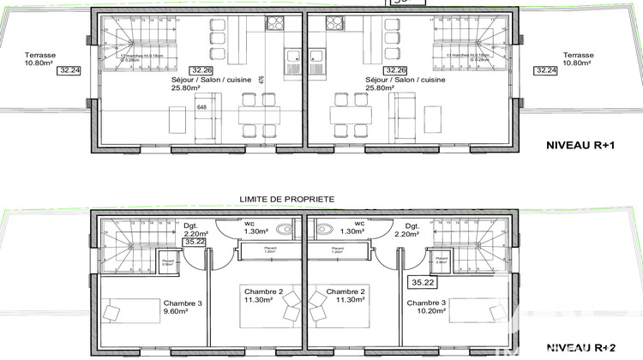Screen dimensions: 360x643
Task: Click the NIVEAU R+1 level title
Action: tap(581, 147)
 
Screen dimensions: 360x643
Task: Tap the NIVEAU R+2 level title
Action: tap(581, 347)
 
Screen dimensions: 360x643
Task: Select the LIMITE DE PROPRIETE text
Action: tap(286, 199)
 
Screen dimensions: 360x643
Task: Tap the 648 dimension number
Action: tap(202, 107)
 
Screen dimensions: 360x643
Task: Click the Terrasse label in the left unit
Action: tap(39, 58)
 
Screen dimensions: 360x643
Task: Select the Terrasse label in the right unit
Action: tap(579, 58)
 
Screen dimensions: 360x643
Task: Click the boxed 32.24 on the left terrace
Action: tap(69, 71)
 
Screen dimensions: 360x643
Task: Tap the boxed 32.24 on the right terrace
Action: tap(545, 71)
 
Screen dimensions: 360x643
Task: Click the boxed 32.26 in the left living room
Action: tap(201, 71)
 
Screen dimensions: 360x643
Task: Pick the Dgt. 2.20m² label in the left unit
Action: tap(195, 228)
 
